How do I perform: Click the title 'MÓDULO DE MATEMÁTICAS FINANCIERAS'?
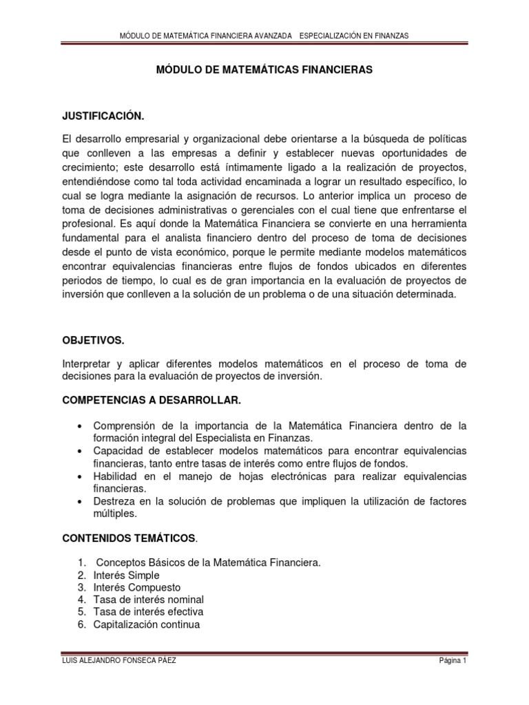[x=264, y=70]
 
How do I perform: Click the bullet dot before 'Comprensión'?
[x=81, y=425]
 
